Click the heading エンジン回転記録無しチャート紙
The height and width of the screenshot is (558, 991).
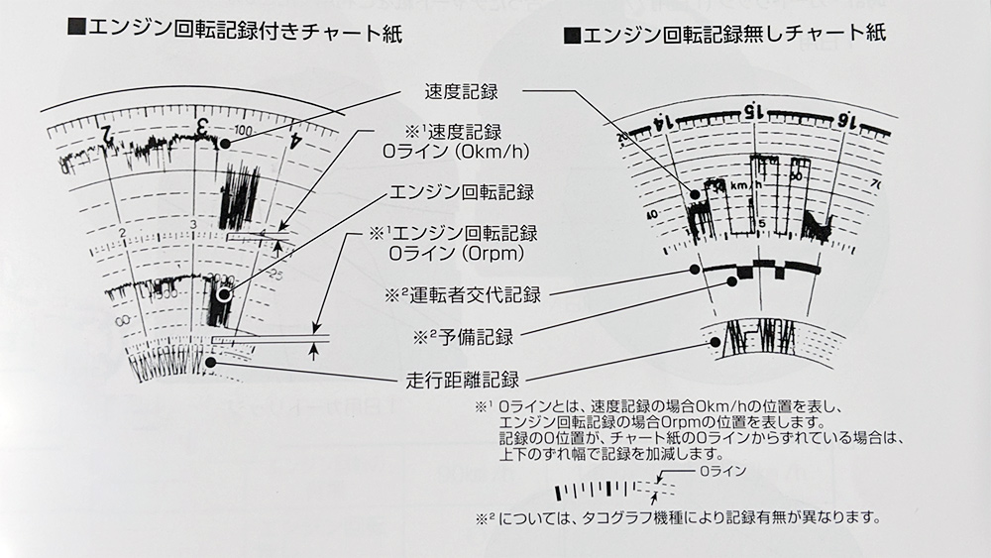pos(732,34)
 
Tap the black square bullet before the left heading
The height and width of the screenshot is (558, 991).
pos(75,30)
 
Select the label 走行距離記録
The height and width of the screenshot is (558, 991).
pos(466,378)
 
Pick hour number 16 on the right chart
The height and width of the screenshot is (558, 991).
pos(844,121)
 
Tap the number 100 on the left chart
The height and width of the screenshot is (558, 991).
pos(242,131)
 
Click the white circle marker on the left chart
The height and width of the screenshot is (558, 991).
pos(225,293)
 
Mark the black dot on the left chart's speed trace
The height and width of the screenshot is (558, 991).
pos(226,144)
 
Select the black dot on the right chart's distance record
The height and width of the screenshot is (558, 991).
pos(715,342)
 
